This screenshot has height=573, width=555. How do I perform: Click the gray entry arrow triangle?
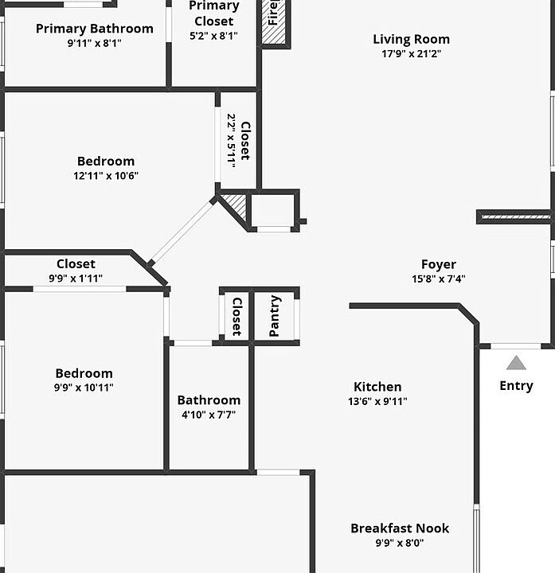(516, 363)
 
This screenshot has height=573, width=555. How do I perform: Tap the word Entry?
(516, 386)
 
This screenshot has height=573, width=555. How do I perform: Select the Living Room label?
(411, 39)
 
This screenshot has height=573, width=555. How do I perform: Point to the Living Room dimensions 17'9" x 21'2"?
(411, 54)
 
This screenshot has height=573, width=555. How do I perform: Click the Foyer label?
(439, 264)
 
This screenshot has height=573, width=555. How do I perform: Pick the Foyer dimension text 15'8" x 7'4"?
(439, 279)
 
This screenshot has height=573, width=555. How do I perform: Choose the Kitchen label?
(378, 387)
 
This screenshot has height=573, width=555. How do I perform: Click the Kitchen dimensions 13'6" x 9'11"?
(378, 402)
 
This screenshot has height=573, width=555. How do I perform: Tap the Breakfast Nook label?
(400, 528)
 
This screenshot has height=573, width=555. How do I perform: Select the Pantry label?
(275, 316)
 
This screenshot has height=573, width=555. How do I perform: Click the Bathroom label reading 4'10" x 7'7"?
(209, 400)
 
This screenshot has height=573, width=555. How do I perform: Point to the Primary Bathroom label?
(95, 29)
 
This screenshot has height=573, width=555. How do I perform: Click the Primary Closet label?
(214, 14)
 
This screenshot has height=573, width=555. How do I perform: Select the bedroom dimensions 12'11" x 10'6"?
(106, 176)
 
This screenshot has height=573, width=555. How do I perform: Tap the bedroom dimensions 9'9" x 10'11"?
(84, 388)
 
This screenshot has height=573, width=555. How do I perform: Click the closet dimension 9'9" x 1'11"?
(76, 279)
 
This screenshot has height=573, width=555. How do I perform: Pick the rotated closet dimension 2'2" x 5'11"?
(232, 138)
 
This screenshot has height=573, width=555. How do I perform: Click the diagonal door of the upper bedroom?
(183, 232)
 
